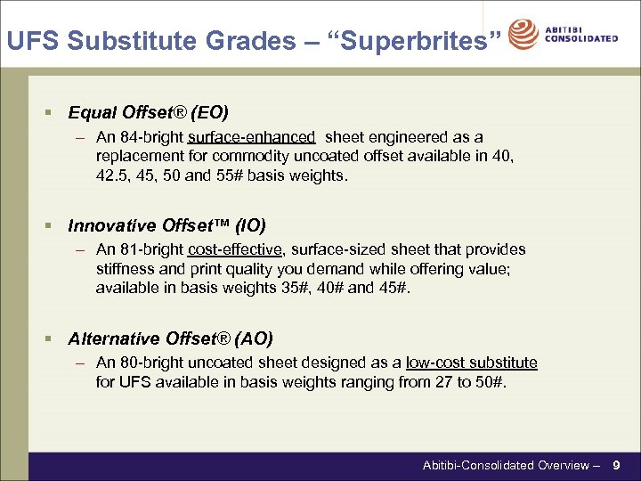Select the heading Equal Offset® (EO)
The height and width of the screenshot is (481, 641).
(x=148, y=112)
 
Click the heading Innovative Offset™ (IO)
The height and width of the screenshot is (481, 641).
(x=166, y=225)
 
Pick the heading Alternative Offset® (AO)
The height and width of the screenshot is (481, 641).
(x=170, y=338)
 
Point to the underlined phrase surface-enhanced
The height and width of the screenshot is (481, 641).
(x=252, y=137)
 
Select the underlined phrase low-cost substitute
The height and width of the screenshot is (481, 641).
(x=471, y=363)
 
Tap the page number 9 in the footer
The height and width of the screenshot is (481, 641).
(x=616, y=465)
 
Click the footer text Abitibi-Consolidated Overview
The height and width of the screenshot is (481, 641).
(x=505, y=465)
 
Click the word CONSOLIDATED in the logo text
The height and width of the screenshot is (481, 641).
(x=581, y=39)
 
